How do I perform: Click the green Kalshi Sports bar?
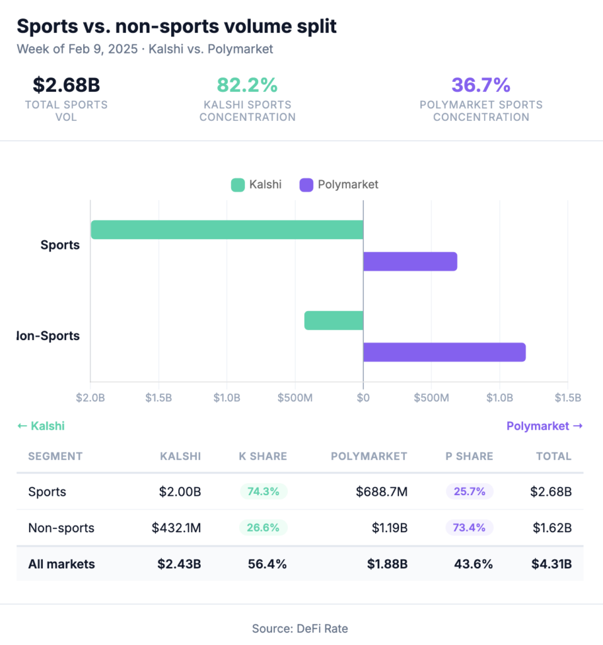click(227, 230)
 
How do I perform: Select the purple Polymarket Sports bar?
click(410, 261)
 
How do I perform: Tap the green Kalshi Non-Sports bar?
click(334, 321)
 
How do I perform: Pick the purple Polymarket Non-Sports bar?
click(444, 352)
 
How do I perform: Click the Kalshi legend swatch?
click(238, 185)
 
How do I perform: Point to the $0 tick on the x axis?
click(363, 398)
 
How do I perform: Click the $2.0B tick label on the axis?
click(91, 398)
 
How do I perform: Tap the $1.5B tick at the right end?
click(567, 398)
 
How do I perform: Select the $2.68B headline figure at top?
click(66, 85)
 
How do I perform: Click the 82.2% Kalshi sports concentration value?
click(247, 85)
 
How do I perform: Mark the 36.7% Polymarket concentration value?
click(481, 85)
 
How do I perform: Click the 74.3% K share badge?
click(263, 492)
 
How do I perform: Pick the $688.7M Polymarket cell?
click(381, 492)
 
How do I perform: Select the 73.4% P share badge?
click(470, 528)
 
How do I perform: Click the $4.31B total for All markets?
click(551, 564)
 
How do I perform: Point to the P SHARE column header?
click(470, 457)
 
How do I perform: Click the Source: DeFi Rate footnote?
click(300, 628)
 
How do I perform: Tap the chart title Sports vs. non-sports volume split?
click(176, 26)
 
